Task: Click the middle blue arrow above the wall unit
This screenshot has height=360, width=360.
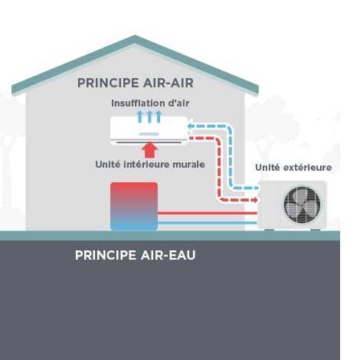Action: click(149, 116)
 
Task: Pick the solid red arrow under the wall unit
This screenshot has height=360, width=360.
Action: click(149, 151)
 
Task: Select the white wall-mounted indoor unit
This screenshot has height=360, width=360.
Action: click(149, 131)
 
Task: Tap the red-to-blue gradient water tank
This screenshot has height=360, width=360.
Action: click(134, 206)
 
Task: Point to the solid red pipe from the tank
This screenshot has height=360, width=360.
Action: click(207, 212)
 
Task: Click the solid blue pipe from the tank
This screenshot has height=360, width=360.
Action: click(207, 223)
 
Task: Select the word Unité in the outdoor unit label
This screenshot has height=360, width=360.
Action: click(266, 167)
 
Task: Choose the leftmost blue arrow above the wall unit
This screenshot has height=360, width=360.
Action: click(140, 116)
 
